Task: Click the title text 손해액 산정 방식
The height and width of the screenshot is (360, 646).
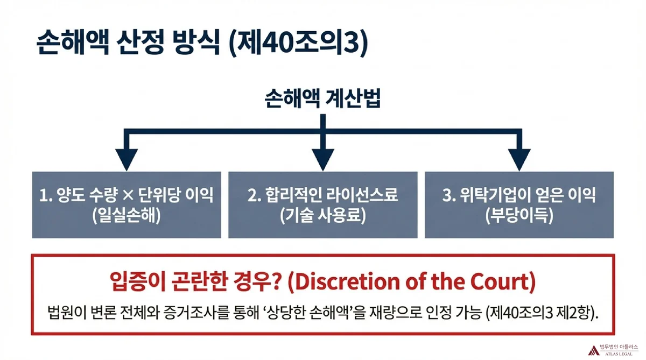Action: tap(128, 43)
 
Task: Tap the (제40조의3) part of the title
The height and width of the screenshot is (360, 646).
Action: tap(298, 43)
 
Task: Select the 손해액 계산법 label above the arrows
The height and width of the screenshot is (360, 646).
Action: tap(322, 98)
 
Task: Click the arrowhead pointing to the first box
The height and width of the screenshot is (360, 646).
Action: tap(127, 160)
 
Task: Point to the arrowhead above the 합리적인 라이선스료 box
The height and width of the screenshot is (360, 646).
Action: tap(322, 160)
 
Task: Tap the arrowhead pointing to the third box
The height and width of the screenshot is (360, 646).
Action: tap(519, 160)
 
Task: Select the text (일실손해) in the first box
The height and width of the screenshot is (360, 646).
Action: tap(127, 216)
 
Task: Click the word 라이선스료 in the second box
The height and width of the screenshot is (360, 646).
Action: tap(362, 195)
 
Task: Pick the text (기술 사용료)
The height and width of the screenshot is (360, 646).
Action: tap(322, 216)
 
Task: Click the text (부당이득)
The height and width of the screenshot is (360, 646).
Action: tap(519, 216)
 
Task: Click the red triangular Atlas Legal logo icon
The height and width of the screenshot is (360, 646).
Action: tap(593, 350)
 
